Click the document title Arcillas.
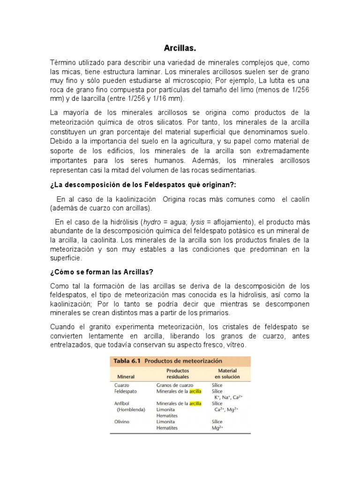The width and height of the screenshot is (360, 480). point(180,48)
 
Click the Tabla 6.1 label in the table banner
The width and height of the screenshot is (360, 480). point(127,361)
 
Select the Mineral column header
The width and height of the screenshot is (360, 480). point(126,376)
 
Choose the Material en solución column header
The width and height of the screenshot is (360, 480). point(227,373)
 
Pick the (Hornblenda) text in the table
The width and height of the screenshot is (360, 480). point(131,409)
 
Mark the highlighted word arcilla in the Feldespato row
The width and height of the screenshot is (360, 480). point(195,391)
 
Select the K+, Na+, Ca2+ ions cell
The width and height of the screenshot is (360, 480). point(228,397)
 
